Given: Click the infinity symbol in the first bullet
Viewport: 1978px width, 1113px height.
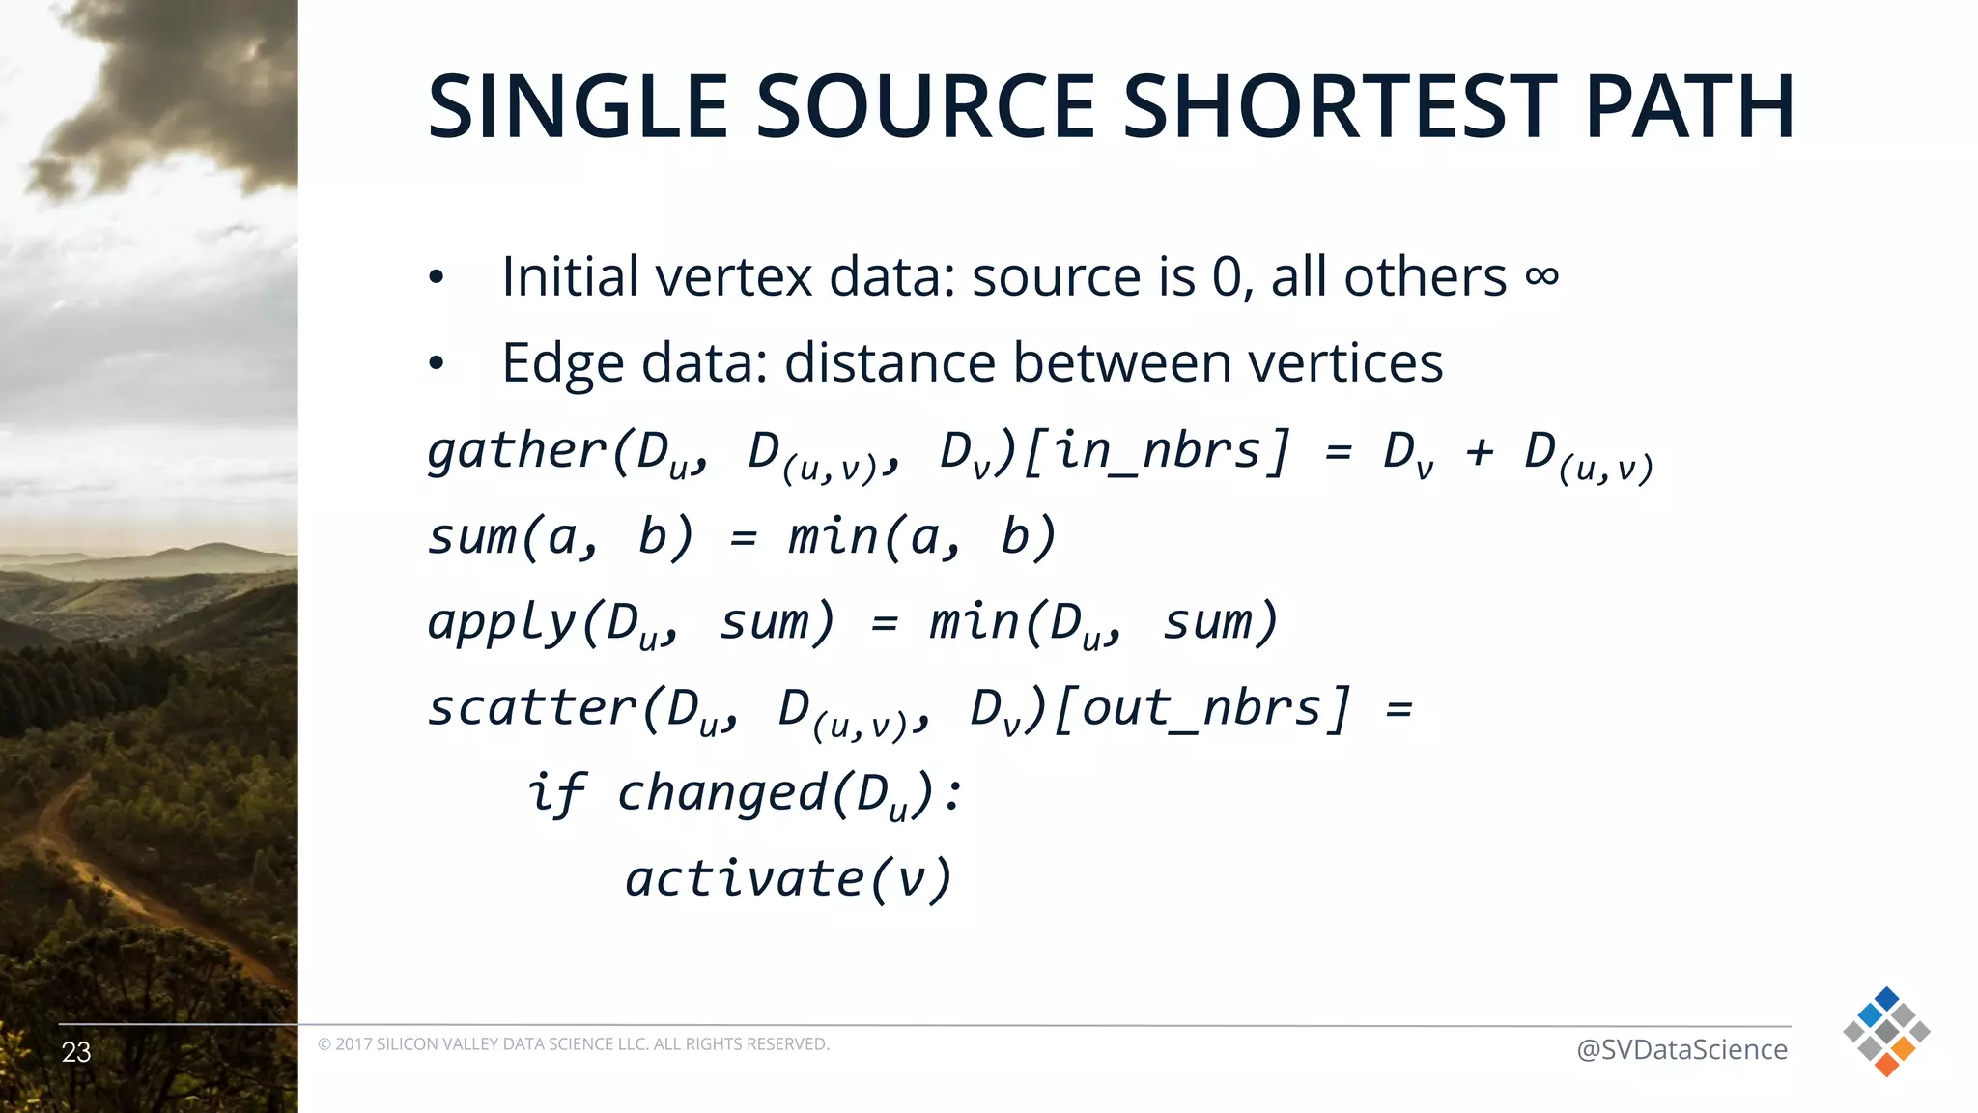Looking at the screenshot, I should [1541, 276].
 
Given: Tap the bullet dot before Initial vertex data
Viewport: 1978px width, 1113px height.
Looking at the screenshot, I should [437, 278].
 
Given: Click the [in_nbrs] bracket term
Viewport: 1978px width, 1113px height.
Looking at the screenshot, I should [1156, 451].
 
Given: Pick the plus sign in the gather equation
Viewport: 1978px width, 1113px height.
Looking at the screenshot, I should [1479, 451].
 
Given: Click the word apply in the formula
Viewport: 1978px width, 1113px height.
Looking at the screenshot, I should [501, 623].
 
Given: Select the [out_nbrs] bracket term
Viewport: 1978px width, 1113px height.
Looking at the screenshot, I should [1201, 708].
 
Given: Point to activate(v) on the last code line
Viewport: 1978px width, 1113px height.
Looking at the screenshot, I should [788, 878].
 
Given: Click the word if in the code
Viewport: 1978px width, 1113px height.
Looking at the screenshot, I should [556, 793].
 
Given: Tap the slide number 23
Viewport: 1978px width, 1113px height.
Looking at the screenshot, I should [76, 1052].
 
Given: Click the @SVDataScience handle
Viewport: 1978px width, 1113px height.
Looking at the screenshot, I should [1681, 1049].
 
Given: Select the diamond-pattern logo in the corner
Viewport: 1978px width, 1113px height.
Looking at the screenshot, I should [1886, 1031].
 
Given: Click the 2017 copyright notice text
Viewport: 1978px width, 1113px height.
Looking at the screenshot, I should [573, 1044].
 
